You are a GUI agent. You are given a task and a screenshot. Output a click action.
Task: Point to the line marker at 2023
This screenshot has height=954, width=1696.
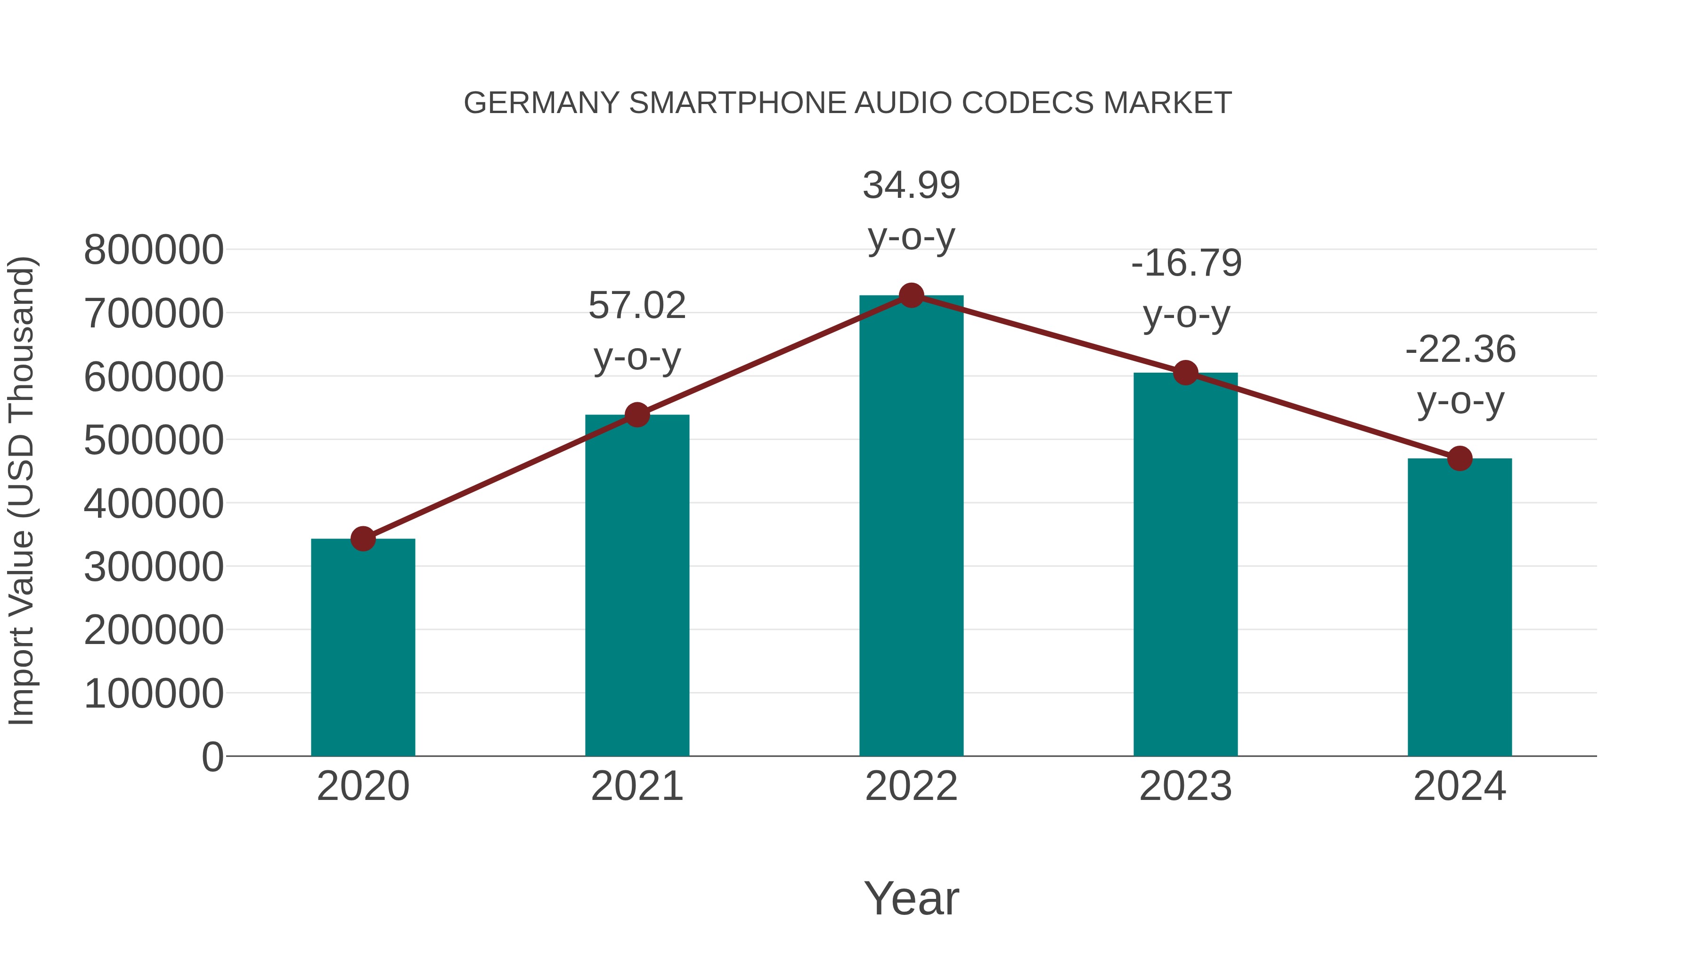pos(1185,373)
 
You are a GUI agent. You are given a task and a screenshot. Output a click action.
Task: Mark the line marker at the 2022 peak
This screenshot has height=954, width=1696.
pos(911,295)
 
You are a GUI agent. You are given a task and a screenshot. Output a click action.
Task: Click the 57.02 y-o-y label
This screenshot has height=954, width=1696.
pos(636,331)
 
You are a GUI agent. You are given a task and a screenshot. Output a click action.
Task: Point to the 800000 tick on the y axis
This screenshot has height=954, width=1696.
pos(154,250)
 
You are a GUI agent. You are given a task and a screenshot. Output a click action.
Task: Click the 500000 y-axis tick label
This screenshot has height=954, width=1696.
pos(154,440)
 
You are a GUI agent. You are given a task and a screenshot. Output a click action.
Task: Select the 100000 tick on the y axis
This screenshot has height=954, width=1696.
pos(154,693)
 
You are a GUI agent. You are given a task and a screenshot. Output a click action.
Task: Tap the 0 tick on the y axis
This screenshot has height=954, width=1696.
pos(212,757)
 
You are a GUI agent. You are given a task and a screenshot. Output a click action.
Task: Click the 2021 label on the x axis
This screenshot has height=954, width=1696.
pos(636,786)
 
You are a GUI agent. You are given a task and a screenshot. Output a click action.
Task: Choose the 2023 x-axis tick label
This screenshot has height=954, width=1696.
pos(1185,786)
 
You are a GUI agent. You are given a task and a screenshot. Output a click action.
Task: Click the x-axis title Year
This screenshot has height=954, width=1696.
pos(911,898)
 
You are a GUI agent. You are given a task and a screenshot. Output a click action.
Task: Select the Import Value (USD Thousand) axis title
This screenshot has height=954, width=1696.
pos(21,491)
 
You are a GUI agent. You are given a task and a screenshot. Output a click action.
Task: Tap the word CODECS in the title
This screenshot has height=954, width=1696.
pos(1027,103)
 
